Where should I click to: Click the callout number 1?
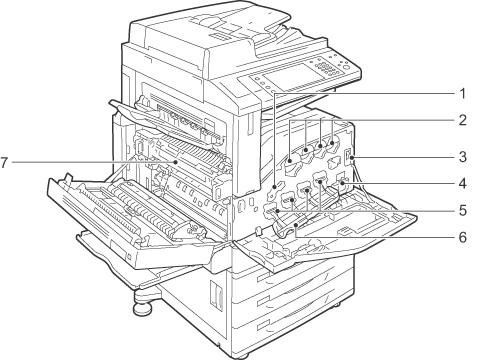pyautogui.click(x=462, y=94)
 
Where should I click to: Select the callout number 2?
pyautogui.click(x=462, y=120)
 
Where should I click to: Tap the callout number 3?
pyautogui.click(x=462, y=157)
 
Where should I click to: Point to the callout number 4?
pyautogui.click(x=462, y=183)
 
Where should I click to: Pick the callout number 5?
pyautogui.click(x=462, y=210)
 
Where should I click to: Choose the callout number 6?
pyautogui.click(x=462, y=237)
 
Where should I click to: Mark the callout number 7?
pyautogui.click(x=4, y=163)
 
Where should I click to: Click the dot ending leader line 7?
pyautogui.click(x=175, y=162)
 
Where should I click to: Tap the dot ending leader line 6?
pyautogui.click(x=296, y=226)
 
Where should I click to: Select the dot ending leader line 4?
pyautogui.click(x=342, y=183)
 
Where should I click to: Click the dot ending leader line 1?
pyautogui.click(x=274, y=186)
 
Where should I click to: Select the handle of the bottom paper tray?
pyautogui.click(x=263, y=325)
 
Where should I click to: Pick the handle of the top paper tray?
pyautogui.click(x=263, y=277)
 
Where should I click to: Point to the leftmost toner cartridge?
pyautogui.click(x=290, y=163)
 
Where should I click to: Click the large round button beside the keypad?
pyautogui.click(x=346, y=69)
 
